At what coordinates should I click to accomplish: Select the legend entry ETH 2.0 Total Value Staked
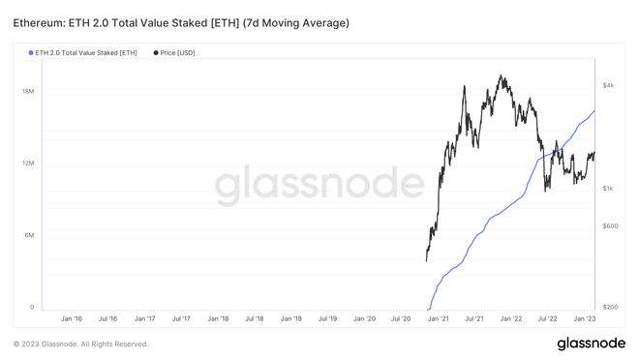(x=86, y=52)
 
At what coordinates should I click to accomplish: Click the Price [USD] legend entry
(x=178, y=52)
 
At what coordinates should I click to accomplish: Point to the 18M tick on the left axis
(x=29, y=91)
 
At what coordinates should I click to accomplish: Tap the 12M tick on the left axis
(x=29, y=164)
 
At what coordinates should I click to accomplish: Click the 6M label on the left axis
(x=31, y=236)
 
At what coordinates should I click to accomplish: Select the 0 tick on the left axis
(x=33, y=308)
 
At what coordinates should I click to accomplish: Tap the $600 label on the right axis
(x=609, y=225)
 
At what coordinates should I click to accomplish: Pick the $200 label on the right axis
(x=609, y=307)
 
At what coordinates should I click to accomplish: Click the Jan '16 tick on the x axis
(x=73, y=317)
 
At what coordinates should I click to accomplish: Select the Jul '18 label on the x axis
(x=256, y=317)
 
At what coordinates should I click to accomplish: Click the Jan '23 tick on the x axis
(x=585, y=317)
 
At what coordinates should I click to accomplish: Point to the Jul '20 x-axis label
(x=402, y=317)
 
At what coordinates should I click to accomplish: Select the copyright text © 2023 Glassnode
(x=80, y=344)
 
